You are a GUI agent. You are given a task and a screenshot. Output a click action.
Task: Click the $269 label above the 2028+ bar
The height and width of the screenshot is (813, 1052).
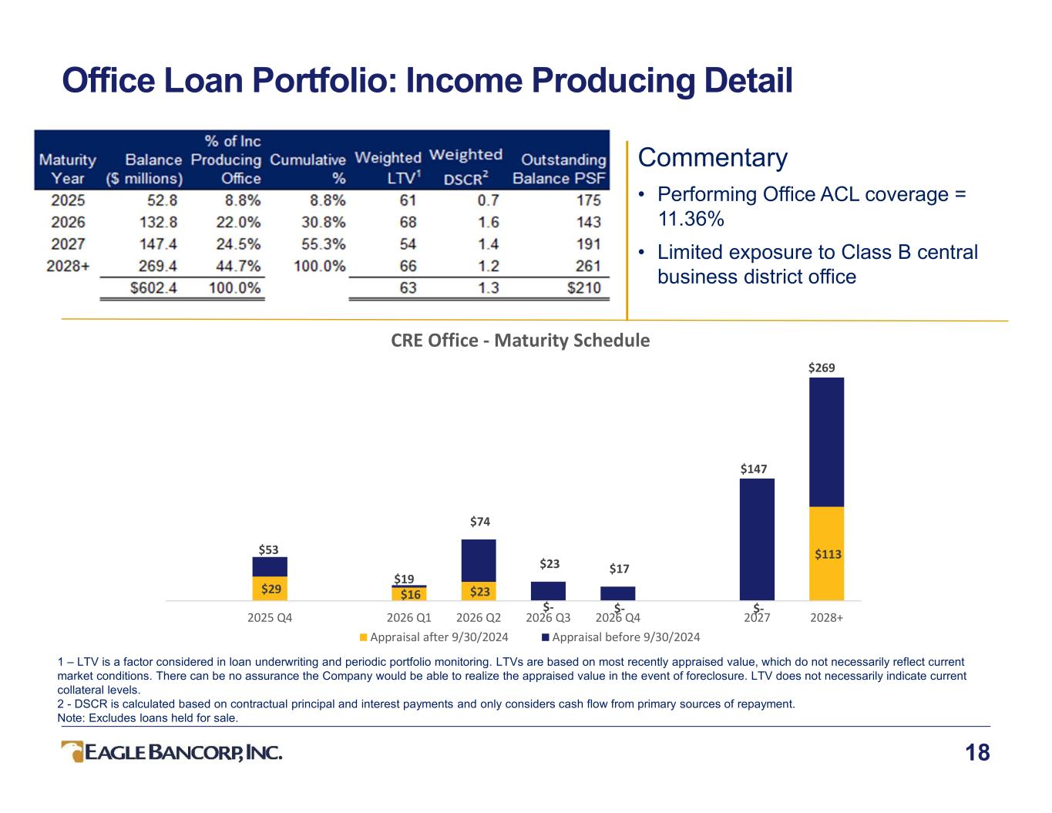point(822,368)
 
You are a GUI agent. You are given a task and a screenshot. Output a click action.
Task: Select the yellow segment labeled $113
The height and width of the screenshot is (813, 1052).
point(826,553)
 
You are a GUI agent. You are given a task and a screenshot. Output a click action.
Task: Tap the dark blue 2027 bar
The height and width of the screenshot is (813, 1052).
point(757,539)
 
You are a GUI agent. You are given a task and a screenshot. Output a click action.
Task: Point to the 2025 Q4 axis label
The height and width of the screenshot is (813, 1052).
point(270,617)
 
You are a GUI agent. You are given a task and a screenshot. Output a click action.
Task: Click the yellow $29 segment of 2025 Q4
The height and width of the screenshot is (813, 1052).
point(270,589)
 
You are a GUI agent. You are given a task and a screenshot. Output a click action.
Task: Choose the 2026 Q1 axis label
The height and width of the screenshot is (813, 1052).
point(408,617)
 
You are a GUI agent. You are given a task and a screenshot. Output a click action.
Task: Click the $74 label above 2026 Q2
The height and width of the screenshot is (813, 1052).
point(480,522)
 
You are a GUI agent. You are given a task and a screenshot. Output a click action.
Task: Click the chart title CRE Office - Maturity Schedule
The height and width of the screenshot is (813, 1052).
point(520,340)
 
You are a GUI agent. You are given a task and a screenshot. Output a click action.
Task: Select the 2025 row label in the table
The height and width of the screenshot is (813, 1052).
point(68,200)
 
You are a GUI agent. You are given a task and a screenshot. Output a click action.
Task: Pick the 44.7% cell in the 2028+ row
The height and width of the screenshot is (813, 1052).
point(240,266)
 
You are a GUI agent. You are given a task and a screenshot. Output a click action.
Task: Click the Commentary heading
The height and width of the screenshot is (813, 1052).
point(712,158)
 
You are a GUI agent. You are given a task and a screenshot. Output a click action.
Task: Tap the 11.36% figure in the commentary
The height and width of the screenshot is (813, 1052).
point(691,219)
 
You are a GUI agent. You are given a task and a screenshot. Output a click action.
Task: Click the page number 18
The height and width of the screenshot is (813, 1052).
point(977,753)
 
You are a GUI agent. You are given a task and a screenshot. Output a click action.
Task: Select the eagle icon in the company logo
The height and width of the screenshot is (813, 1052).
point(72,751)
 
